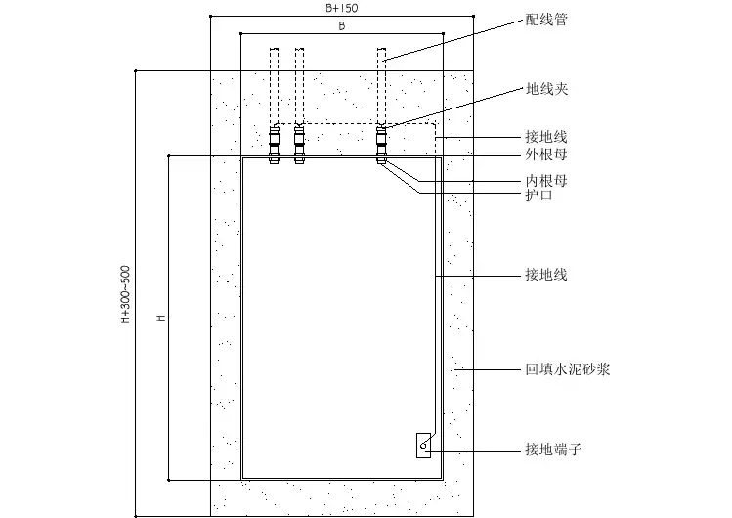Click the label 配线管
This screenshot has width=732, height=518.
pyautogui.click(x=546, y=19)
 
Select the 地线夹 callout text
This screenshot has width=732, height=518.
pyautogui.click(x=546, y=89)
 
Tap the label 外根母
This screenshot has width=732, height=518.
pyautogui.click(x=546, y=154)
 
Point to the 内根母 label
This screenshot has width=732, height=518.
pyautogui.click(x=546, y=181)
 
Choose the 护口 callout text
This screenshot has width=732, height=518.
pyautogui.click(x=539, y=195)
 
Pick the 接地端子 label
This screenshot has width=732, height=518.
pyautogui.click(x=553, y=451)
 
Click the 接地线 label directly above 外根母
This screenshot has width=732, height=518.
pyautogui.click(x=546, y=138)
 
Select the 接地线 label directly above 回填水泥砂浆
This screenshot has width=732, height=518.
pyautogui.click(x=546, y=276)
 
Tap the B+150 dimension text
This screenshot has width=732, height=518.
pyautogui.click(x=341, y=7)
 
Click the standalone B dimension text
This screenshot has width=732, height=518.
pyautogui.click(x=341, y=27)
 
